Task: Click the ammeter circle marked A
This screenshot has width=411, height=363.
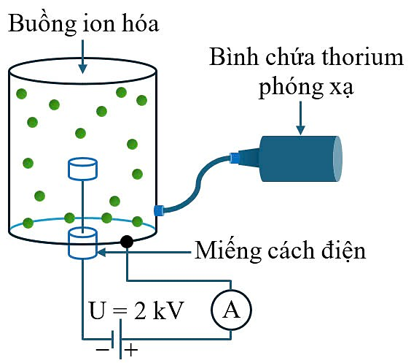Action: (231, 310)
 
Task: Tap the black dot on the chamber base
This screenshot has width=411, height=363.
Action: (127, 241)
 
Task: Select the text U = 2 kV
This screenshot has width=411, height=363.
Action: (136, 310)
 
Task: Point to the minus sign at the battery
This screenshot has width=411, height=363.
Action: (103, 350)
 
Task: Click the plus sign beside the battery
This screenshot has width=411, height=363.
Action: (131, 350)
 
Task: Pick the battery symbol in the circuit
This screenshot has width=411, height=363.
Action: (117, 339)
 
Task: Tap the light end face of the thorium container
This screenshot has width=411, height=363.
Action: (337, 158)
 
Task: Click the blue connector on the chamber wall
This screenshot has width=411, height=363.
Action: (159, 210)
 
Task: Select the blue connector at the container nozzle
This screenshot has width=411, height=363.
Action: (235, 158)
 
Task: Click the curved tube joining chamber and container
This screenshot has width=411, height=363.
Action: (197, 183)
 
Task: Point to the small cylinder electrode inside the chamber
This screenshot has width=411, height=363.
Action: (83, 169)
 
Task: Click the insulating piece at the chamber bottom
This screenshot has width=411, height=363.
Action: (83, 243)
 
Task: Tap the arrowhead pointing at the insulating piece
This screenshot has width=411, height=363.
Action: (101, 252)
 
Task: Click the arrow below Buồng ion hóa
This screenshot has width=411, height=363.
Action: (83, 56)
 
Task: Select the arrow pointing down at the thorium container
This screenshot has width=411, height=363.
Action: (301, 118)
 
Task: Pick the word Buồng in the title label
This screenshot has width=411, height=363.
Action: (42, 24)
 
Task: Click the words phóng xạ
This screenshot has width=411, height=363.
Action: (306, 87)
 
